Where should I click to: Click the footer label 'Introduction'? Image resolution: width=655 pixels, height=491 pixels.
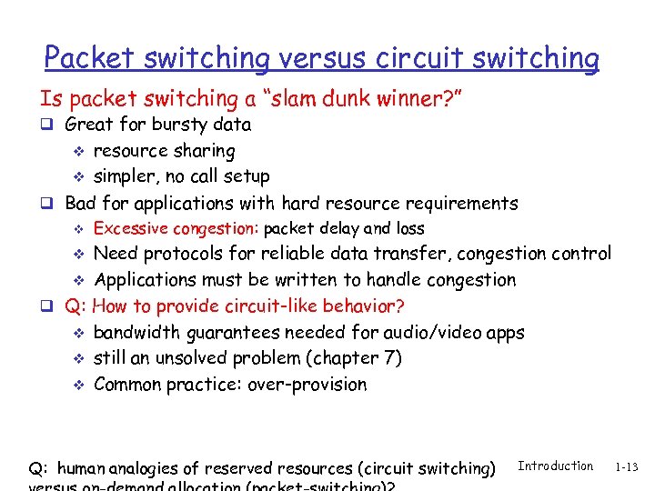[555, 466]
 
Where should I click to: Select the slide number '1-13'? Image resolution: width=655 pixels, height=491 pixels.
[626, 467]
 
